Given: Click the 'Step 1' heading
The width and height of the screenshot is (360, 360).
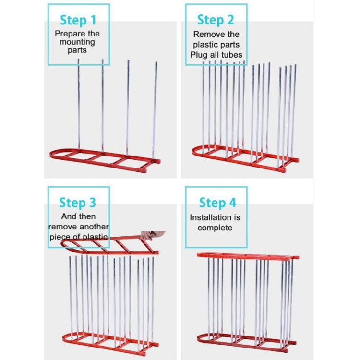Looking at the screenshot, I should (78, 20).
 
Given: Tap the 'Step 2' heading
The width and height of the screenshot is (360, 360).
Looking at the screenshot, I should (216, 20).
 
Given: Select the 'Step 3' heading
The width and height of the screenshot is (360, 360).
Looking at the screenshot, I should (78, 202).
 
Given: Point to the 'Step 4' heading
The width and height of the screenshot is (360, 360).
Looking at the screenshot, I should (217, 202).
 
